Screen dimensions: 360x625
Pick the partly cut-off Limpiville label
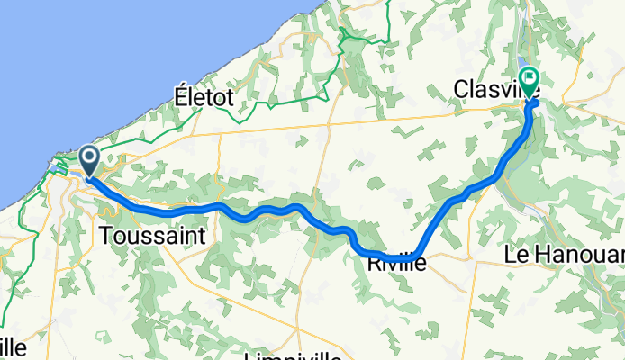click(x=292, y=355)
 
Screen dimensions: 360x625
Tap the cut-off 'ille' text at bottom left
click(x=13, y=347)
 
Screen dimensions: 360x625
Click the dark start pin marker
click(x=91, y=161)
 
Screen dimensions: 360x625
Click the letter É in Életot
click(x=182, y=96)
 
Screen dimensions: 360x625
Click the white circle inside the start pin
click(x=91, y=157)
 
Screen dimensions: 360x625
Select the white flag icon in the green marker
click(x=529, y=78)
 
